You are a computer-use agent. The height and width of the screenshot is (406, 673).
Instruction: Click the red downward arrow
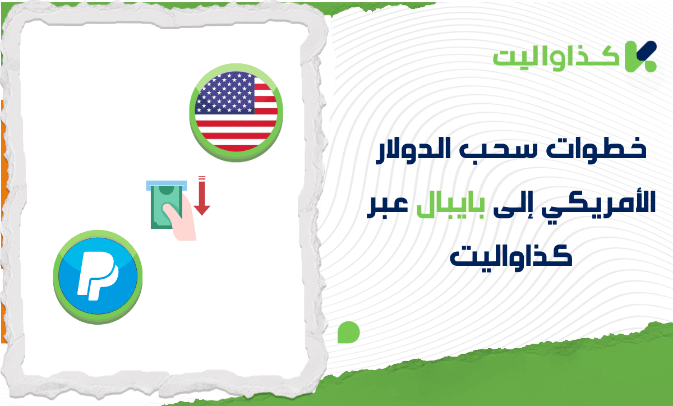[x=202, y=197]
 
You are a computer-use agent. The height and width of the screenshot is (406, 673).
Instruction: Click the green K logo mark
[x=640, y=56]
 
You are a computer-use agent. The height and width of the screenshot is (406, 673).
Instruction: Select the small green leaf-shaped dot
[x=348, y=332]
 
